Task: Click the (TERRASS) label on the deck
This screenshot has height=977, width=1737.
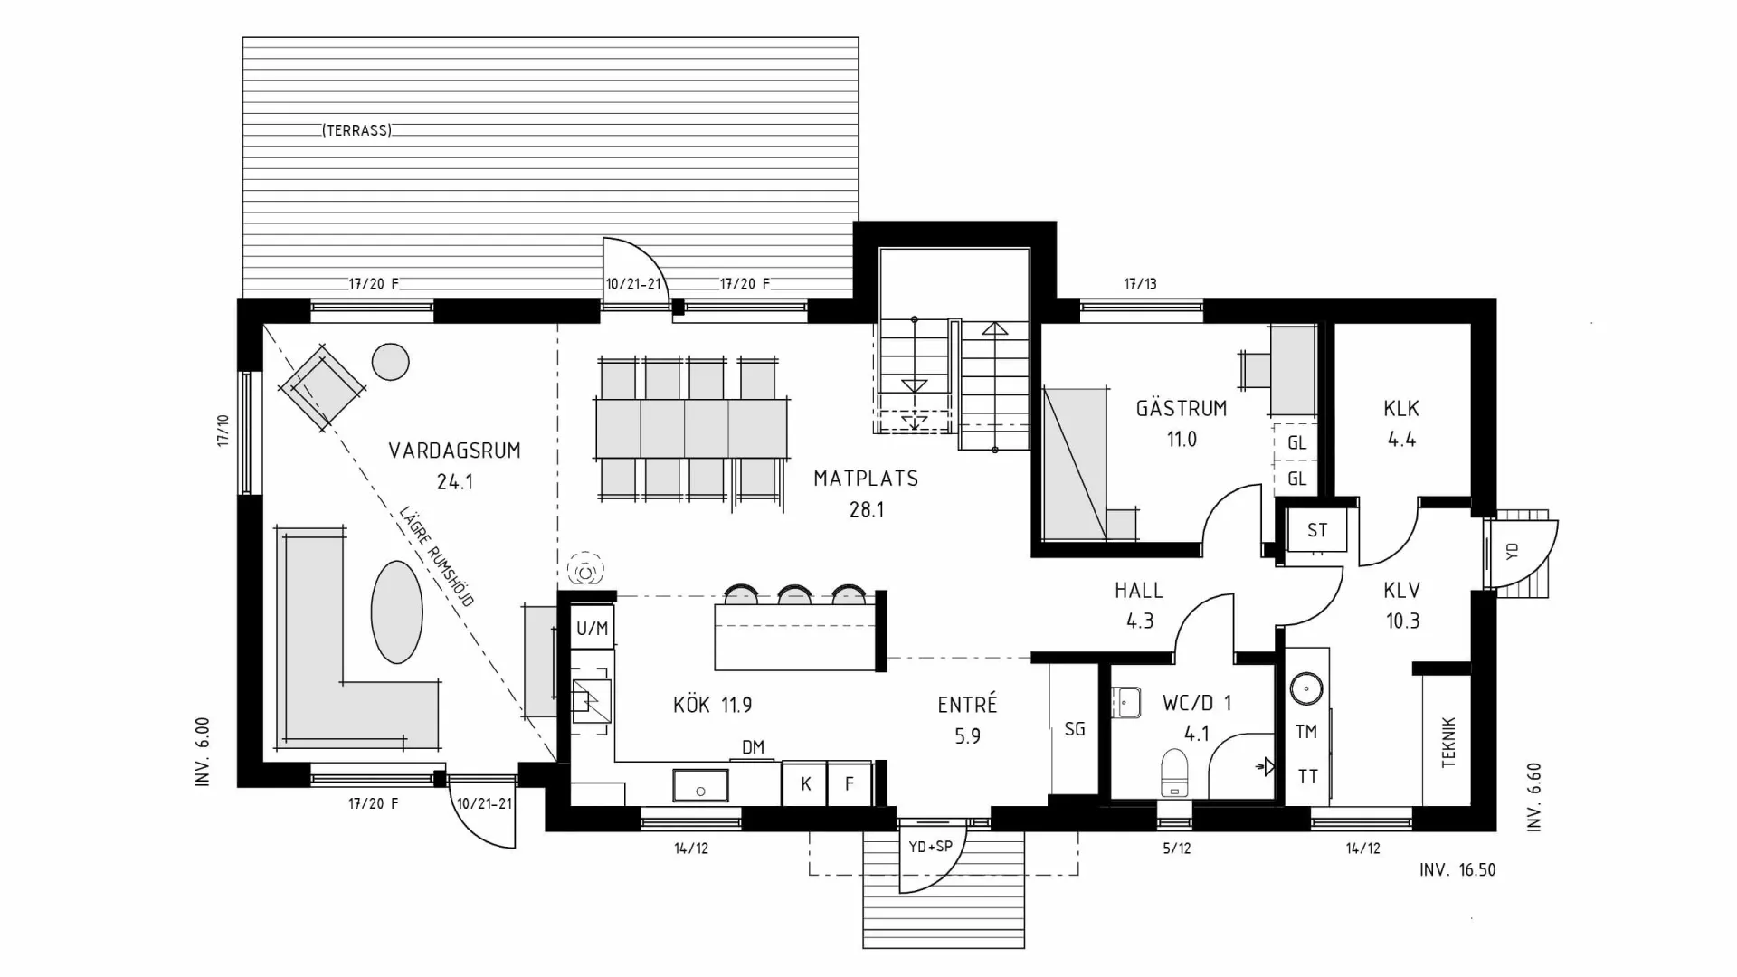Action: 356,131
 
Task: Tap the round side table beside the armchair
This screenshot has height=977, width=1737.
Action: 391,362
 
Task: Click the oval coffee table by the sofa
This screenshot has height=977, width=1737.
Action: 396,612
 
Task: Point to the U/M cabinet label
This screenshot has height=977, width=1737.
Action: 593,628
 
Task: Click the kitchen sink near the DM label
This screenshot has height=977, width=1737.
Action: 699,785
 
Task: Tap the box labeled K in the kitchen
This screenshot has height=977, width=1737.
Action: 805,784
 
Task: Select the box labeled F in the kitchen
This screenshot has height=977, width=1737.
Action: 850,784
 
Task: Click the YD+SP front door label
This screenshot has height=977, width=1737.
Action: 930,848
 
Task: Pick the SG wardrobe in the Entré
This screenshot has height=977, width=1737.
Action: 1075,729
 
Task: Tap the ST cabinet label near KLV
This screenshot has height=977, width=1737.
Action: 1317,530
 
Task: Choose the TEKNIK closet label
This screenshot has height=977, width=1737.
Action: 1448,743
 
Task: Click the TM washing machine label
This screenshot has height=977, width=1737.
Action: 1306,732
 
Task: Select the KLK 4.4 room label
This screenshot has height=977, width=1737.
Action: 1400,423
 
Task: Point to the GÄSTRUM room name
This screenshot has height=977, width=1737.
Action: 1182,408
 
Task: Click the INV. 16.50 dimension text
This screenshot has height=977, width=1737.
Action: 1457,870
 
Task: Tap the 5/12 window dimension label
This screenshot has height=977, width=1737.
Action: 1176,849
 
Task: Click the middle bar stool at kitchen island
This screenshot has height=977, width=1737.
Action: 795,594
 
